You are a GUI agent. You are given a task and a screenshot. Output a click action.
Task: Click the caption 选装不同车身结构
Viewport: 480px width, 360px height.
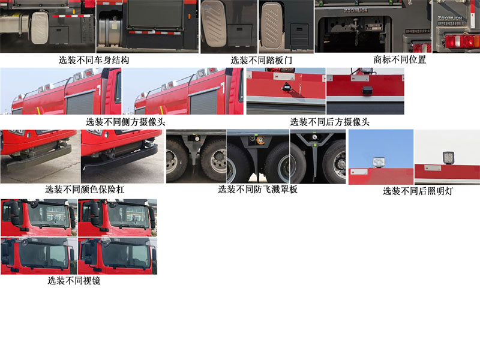tap(94, 60)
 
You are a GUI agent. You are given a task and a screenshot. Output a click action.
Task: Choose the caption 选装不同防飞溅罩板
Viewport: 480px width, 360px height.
tap(257, 190)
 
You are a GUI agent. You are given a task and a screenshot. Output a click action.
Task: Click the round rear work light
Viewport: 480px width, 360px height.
tap(379, 161)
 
